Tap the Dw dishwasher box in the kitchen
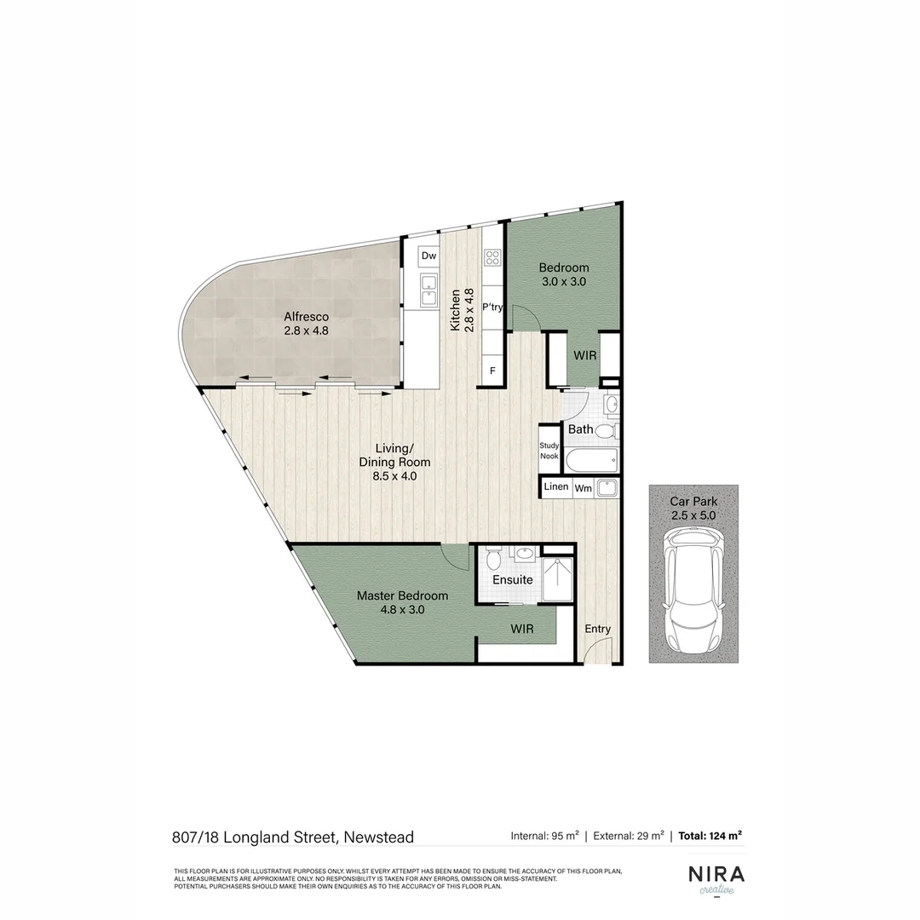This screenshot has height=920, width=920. pos(428,256)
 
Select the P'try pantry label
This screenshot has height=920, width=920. pos(492,308)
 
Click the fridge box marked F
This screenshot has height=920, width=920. pos(492,371)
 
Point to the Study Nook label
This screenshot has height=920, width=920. pos(549,451)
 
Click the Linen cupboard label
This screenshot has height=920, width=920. pos(556,487)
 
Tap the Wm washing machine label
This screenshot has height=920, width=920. pos(583,488)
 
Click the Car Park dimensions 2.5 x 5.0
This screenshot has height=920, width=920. pos(693,515)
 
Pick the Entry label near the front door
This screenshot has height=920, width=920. pos(598,629)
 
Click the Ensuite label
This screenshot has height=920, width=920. pos(512,580)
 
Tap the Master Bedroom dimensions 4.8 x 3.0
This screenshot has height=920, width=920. pos(402,610)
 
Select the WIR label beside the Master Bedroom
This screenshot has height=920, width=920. pos(522,630)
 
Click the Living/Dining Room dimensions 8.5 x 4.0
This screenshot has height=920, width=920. pos(394,476)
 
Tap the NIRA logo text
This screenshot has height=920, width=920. pos(716,875)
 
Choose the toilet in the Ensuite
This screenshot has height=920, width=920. pos(494,560)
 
